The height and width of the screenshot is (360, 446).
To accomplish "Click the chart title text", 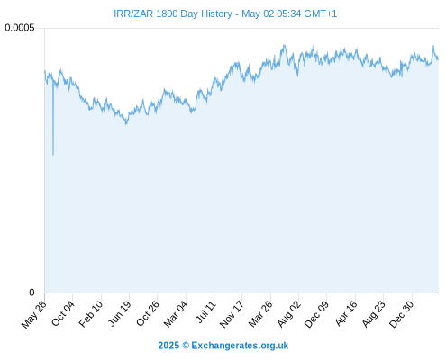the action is point(225,13).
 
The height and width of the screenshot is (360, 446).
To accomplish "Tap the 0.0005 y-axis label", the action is point(20,28).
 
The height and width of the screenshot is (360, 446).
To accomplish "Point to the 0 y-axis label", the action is point(32,292).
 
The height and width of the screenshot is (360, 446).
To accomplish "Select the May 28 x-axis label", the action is point(34,314).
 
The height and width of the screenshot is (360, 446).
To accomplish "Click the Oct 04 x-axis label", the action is point(63,313).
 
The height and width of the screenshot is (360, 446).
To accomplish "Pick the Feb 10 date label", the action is point(91,314).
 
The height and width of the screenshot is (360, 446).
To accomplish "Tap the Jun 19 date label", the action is point(119,313).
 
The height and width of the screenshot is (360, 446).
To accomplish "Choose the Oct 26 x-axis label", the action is point(147,313).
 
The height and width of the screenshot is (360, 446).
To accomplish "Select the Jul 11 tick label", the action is point(206,311).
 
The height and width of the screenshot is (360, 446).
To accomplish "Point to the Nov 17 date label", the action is point(232,314).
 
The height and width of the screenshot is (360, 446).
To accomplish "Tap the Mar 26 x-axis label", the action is point(260,314).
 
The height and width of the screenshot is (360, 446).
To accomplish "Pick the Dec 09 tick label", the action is point(316,314).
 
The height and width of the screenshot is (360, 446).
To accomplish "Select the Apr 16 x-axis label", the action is point(346,313).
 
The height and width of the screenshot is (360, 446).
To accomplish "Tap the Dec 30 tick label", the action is point(401,314).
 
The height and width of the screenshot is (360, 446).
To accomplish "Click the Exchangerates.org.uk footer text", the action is point(240,346).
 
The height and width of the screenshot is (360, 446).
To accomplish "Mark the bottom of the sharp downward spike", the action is point(53,155).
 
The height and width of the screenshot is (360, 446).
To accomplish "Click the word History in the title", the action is point(216,13).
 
